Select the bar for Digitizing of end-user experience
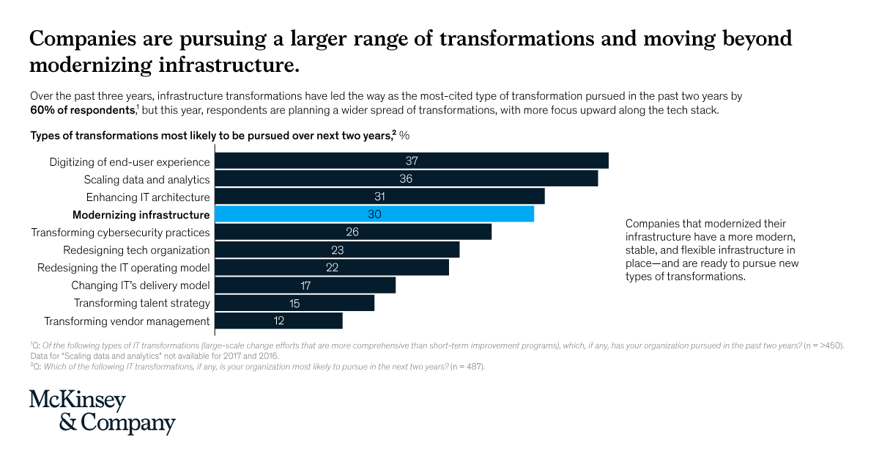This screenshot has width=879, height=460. pyautogui.click(x=411, y=161)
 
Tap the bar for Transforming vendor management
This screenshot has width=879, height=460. pyautogui.click(x=278, y=321)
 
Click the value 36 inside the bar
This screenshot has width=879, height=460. pyautogui.click(x=406, y=179)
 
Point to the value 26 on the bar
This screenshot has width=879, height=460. pyautogui.click(x=352, y=232)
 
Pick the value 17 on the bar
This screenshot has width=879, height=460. pyautogui.click(x=305, y=285)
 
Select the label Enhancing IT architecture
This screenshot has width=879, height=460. pyautogui.click(x=148, y=197)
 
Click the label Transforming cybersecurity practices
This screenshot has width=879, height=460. pyautogui.click(x=120, y=233)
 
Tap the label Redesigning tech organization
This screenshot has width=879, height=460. pyautogui.click(x=146, y=250)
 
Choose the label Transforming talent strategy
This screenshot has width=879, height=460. pyautogui.click(x=142, y=303)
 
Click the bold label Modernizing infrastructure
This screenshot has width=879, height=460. pyautogui.click(x=141, y=215)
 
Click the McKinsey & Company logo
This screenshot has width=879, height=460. pyautogui.click(x=102, y=412)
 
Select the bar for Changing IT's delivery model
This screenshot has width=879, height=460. pyautogui.click(x=304, y=285)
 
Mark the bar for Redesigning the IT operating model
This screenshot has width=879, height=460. pyautogui.click(x=331, y=268)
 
